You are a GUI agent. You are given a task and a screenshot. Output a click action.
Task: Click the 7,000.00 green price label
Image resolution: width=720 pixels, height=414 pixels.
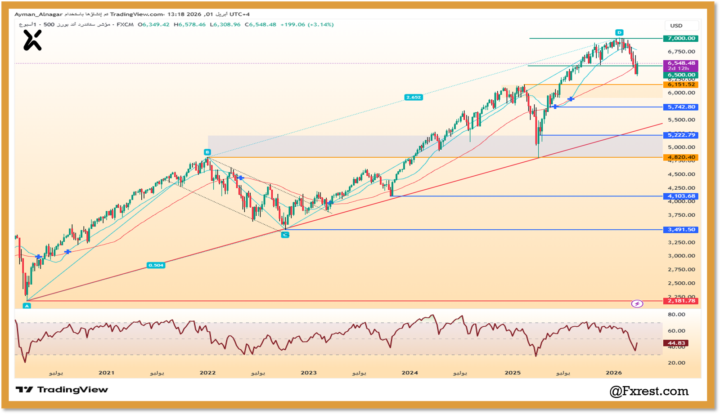[x=681, y=39]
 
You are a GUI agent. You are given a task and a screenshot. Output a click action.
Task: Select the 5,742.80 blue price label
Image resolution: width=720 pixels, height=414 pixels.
[x=681, y=107]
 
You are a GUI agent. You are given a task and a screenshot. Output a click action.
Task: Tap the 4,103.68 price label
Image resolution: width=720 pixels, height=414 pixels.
[x=681, y=196]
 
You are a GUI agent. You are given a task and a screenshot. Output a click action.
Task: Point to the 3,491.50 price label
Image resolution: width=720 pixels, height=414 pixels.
[x=681, y=230]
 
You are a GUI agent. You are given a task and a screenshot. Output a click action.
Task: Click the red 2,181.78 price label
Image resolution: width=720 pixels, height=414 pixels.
[x=681, y=301]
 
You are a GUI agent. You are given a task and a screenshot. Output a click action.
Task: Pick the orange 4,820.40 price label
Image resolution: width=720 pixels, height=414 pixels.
[x=681, y=157]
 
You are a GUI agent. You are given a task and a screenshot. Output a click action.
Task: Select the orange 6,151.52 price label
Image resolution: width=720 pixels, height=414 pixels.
[x=681, y=85]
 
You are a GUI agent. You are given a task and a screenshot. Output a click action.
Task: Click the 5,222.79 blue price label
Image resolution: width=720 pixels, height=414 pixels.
[x=681, y=135]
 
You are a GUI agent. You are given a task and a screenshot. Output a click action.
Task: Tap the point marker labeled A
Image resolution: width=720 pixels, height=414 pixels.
[x=27, y=306]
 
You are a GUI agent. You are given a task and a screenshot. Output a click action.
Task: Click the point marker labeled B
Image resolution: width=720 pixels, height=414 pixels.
[x=207, y=152]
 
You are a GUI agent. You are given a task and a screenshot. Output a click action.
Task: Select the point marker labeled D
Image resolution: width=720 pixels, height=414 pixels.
[x=619, y=32]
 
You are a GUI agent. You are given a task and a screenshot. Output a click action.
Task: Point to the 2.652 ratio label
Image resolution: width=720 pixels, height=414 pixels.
[x=413, y=97]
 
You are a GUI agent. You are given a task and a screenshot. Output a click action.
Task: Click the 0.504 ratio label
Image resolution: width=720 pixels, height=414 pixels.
[x=156, y=265]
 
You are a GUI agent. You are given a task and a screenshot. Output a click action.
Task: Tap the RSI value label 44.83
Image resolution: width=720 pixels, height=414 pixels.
[x=676, y=343]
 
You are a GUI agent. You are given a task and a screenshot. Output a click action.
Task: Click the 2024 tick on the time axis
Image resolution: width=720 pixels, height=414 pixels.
[x=409, y=373]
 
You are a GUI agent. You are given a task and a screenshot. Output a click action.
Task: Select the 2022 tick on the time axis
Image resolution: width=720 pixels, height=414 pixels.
[x=207, y=373]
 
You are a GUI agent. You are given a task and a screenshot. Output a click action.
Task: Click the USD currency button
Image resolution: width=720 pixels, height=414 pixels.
[x=676, y=26]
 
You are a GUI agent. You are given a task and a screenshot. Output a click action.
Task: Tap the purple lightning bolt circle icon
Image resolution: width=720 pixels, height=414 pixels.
[x=637, y=304]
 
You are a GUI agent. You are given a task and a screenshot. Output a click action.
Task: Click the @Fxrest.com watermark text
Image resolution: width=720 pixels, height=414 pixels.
[x=648, y=391]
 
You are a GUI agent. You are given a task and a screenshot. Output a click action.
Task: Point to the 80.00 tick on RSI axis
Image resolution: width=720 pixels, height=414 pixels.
[x=676, y=314]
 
